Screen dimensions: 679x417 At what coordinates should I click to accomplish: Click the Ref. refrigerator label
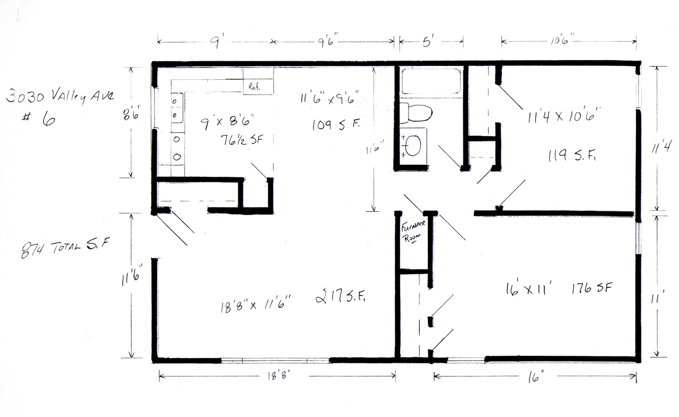click(x=254, y=87)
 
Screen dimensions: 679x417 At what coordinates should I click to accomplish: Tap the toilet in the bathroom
click(x=415, y=113)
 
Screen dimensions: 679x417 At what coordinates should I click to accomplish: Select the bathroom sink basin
click(x=413, y=146)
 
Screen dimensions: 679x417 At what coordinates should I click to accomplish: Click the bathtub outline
click(x=431, y=82)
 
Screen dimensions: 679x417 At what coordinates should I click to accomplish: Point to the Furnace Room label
click(x=413, y=232)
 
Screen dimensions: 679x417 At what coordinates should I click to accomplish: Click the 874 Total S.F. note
click(x=65, y=248)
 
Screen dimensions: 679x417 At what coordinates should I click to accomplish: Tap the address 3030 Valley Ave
click(x=60, y=96)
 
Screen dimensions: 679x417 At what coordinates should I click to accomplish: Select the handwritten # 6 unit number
click(x=39, y=120)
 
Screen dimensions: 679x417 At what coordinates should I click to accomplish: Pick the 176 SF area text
click(x=592, y=288)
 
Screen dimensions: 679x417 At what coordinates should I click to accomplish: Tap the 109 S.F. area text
click(x=336, y=125)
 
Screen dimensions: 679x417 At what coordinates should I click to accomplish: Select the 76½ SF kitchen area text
click(x=242, y=140)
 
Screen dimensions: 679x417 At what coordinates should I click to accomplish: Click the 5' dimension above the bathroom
click(x=427, y=42)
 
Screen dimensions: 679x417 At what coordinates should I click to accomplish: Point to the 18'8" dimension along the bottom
click(x=279, y=376)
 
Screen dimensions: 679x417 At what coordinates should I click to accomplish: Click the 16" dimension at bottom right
click(x=536, y=377)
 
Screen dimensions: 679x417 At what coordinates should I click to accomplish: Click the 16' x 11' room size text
click(x=528, y=289)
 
